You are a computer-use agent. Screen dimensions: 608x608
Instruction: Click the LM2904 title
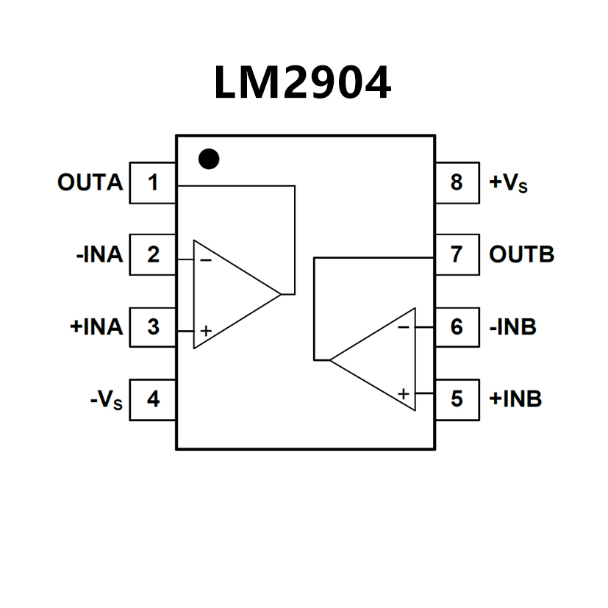pos(302,83)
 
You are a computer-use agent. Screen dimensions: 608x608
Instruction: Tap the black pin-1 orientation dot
pos(210,159)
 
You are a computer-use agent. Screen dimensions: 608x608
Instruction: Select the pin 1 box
pos(153,182)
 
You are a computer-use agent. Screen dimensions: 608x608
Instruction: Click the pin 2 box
pos(153,254)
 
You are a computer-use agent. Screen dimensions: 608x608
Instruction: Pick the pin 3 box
pos(153,326)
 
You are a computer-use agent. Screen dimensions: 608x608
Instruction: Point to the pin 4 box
pos(153,399)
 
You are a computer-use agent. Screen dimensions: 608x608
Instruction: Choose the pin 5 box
pos(457,399)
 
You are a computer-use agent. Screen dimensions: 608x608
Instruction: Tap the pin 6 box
pos(457,326)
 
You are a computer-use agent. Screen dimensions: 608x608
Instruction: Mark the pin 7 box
pos(457,254)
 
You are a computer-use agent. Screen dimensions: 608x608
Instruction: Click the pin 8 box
pos(457,182)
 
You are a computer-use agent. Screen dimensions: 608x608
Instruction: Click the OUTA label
pos(90,182)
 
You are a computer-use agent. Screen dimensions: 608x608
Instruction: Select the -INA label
pos(99,254)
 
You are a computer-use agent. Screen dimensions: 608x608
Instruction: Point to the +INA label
pos(96,326)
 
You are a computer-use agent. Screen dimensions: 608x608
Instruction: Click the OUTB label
pos(521,254)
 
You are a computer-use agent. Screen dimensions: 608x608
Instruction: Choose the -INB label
pos(512,326)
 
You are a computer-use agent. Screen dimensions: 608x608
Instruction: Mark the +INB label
pos(515,399)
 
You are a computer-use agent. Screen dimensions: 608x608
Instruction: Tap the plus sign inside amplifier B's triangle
pos(403,394)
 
